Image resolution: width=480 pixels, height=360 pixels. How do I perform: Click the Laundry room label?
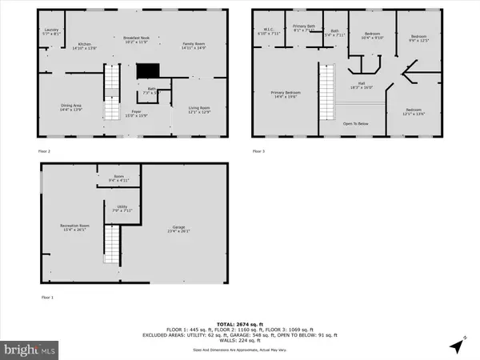click(x=50, y=33)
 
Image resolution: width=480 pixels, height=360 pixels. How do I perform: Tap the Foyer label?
click(x=137, y=114)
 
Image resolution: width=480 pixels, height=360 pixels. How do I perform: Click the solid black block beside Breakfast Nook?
click(x=147, y=72)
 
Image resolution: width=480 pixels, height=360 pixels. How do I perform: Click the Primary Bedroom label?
click(x=286, y=95)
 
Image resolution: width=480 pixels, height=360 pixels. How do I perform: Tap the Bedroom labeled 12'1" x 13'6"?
click(x=413, y=111)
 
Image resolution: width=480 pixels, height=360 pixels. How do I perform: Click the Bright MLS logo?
click(x=30, y=350)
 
